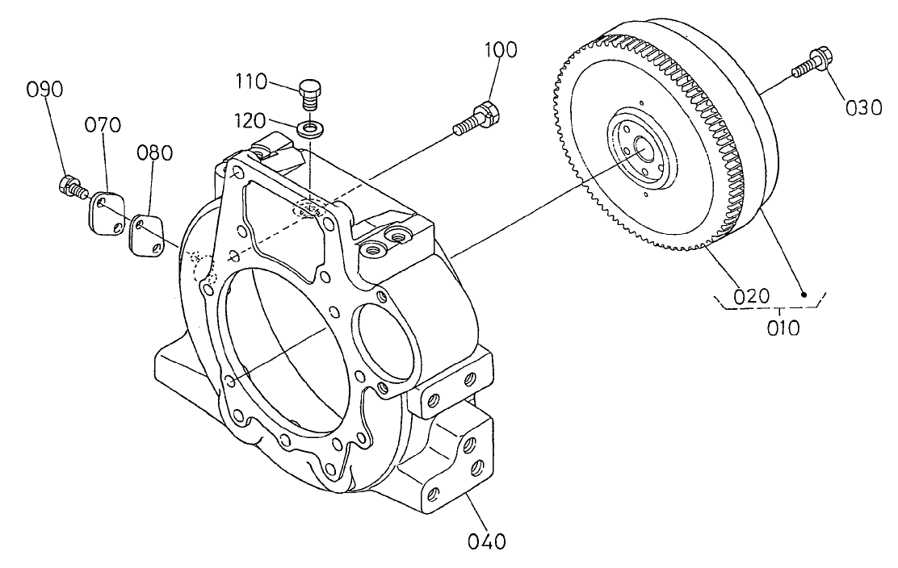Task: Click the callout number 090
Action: pyautogui.click(x=44, y=90)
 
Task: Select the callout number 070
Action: pyautogui.click(x=103, y=125)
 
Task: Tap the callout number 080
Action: pyautogui.click(x=153, y=153)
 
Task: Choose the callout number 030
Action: pyautogui.click(x=862, y=106)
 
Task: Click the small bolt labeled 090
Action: pyautogui.click(x=72, y=186)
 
